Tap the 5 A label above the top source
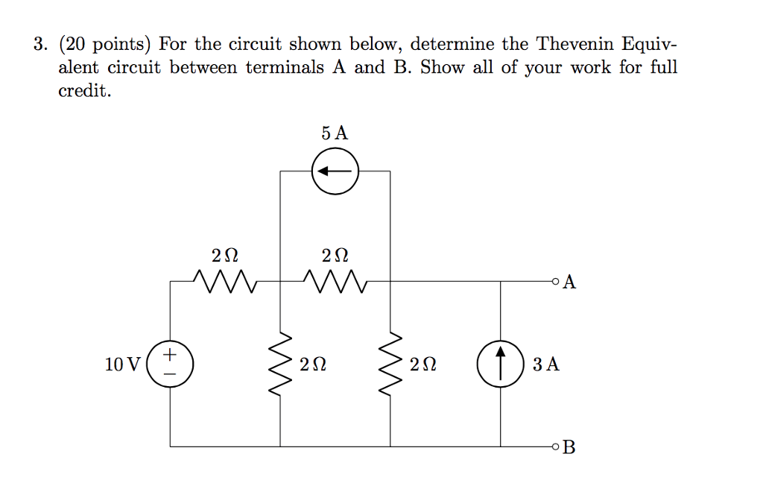pos(335,134)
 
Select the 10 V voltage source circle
pos(170,364)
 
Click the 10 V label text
pos(122,365)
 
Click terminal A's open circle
pos(554,282)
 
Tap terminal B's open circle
pos(554,446)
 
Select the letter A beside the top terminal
pos(570,282)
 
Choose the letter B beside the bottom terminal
pos(570,447)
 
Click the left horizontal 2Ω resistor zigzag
pos(224,282)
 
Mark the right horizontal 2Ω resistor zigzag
pos(335,282)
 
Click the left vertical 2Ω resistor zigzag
pos(280,364)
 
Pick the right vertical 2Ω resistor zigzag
pos(391,364)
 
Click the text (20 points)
pos(105,44)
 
